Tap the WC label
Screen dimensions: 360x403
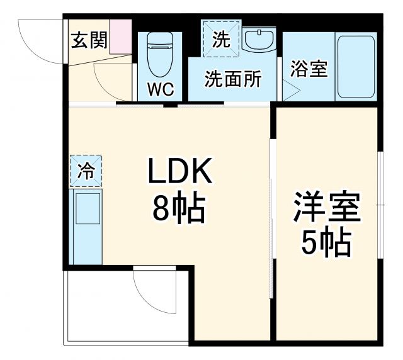(161, 89)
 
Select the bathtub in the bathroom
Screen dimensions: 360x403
(355, 67)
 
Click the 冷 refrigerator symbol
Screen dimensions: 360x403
(85, 170)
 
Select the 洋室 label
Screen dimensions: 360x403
(326, 208)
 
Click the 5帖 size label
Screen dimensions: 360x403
(326, 242)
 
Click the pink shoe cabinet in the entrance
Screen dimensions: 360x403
(121, 37)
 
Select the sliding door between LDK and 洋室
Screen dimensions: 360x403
(272, 208)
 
